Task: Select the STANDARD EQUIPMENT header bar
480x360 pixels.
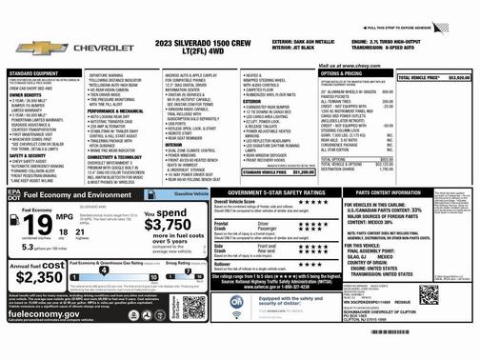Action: point(43,72)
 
